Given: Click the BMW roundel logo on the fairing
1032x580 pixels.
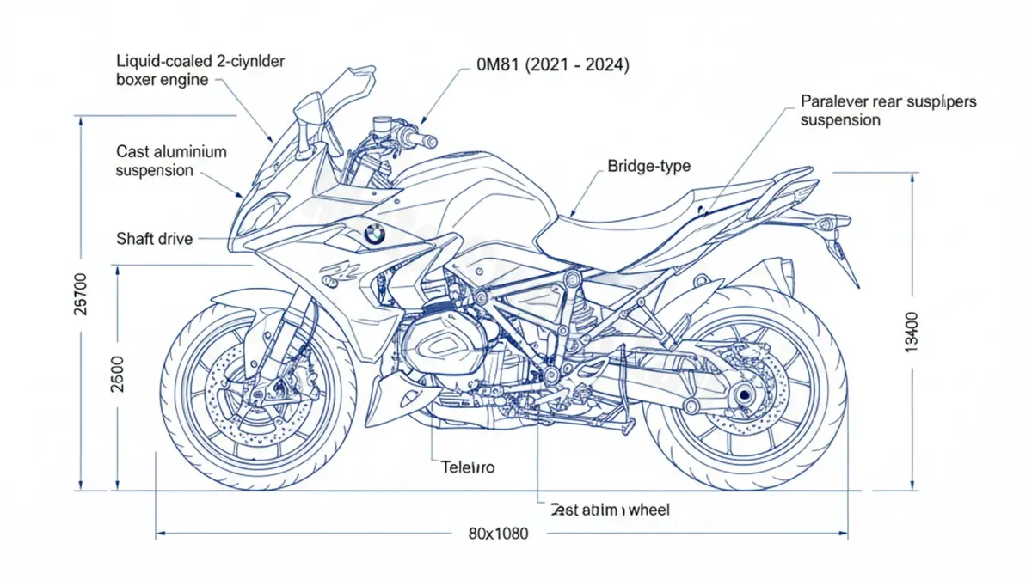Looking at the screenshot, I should click(x=375, y=233).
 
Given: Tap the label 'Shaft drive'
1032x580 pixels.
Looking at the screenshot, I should click(x=154, y=239).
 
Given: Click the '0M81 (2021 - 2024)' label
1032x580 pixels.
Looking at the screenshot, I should click(x=540, y=65).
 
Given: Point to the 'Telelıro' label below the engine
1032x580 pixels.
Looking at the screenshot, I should click(x=468, y=467).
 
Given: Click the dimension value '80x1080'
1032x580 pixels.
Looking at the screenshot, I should click(x=499, y=534).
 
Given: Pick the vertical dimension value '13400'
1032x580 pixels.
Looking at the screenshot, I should click(x=912, y=331).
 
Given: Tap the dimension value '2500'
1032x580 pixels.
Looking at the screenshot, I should click(x=118, y=373).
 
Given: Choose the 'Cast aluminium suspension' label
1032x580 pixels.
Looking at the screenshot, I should click(x=171, y=161).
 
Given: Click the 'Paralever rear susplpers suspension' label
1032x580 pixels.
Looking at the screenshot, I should click(x=888, y=110).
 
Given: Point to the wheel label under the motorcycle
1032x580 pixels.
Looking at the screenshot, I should click(x=609, y=510).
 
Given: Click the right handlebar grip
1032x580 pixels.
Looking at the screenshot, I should click(x=423, y=139).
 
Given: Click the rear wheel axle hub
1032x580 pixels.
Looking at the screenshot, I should click(x=742, y=396).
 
